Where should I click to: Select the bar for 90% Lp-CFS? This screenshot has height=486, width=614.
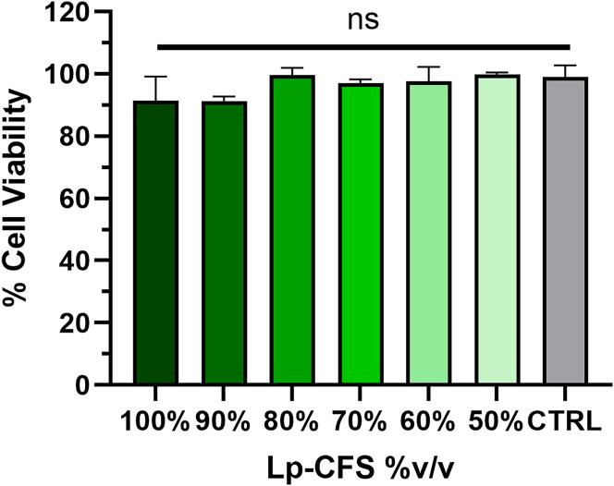[x=225, y=243]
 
